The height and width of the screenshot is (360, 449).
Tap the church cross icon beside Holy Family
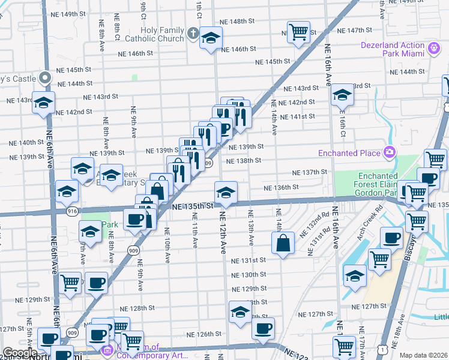point(193,32)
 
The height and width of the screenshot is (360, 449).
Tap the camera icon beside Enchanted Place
point(390,152)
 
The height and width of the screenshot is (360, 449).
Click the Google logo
point(20,353)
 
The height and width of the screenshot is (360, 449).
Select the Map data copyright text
point(423,355)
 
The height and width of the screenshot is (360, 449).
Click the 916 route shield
point(73,211)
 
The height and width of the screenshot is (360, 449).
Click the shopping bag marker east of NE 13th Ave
point(283,243)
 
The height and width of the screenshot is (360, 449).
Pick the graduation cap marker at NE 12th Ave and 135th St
point(226,193)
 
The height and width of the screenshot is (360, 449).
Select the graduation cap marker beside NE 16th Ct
point(342,95)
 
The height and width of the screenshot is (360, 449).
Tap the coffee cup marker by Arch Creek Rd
point(391,238)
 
